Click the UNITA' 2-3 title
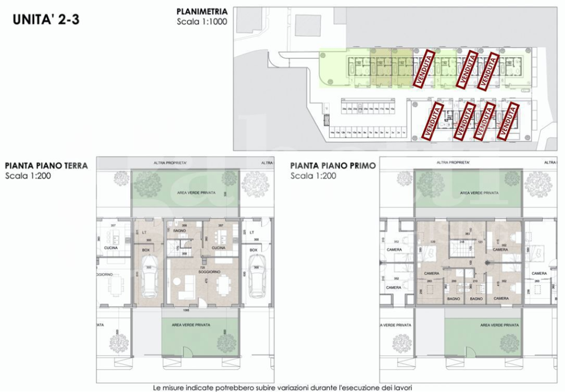click(x=46, y=20)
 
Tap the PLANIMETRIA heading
click(x=202, y=11)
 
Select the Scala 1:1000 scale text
click(x=202, y=22)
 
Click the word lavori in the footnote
click(x=402, y=387)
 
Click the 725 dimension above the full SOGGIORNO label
click(x=202, y=267)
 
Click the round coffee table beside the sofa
click(x=178, y=283)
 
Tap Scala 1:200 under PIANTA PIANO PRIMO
click(x=313, y=176)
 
